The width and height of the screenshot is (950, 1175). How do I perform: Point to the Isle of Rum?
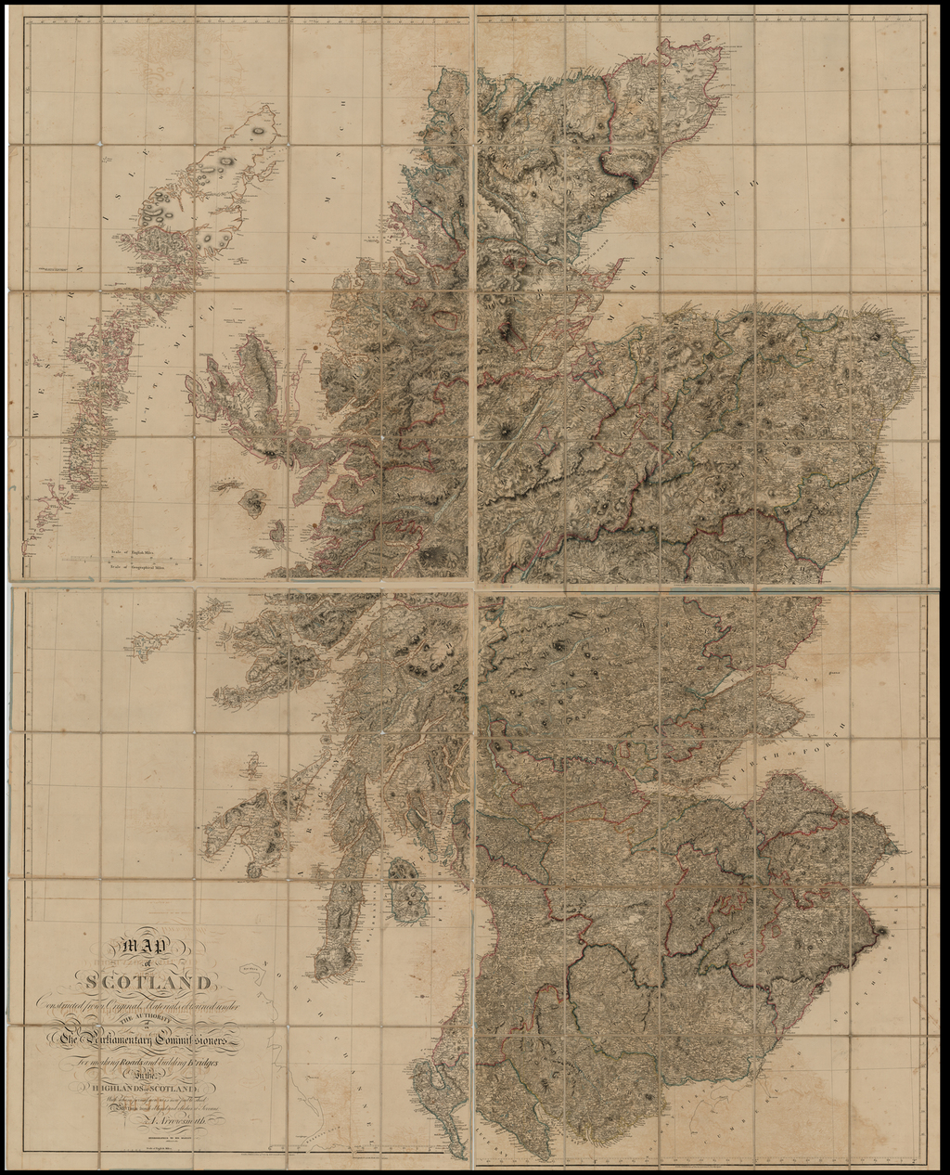coord(251,503)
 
